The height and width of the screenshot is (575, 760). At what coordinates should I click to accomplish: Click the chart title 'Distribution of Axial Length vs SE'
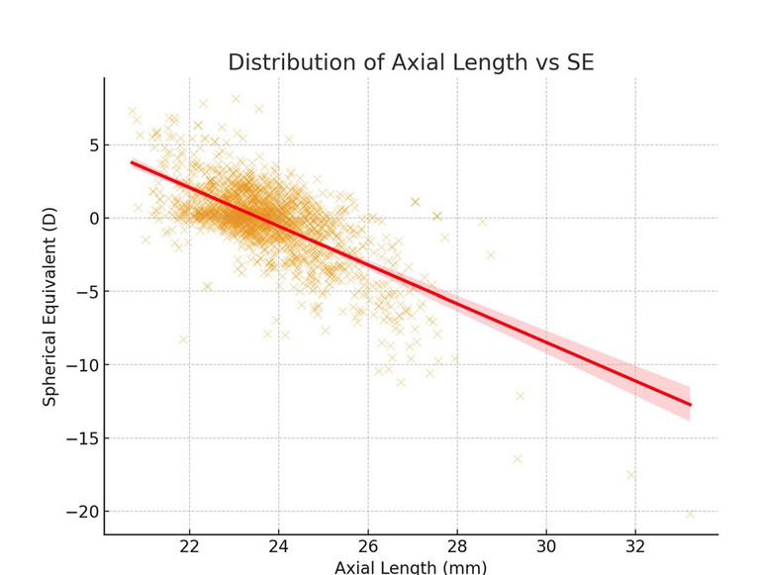pyautogui.click(x=411, y=62)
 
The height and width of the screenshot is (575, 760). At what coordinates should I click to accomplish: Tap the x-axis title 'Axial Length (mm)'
pyautogui.click(x=411, y=567)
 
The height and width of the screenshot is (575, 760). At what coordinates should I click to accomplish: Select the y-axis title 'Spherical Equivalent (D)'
pyautogui.click(x=49, y=306)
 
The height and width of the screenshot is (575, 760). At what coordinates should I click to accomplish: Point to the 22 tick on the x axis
pyautogui.click(x=189, y=547)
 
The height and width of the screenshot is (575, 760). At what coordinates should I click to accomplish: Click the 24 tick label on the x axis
pyautogui.click(x=278, y=547)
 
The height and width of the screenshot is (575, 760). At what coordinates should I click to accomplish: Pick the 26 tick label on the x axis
pyautogui.click(x=367, y=547)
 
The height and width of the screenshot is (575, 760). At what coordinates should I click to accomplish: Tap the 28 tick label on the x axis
pyautogui.click(x=456, y=547)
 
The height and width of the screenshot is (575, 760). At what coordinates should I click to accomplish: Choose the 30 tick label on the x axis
pyautogui.click(x=545, y=547)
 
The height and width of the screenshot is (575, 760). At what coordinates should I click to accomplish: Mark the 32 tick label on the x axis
pyautogui.click(x=634, y=547)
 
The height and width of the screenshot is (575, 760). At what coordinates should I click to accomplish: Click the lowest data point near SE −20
pyautogui.click(x=690, y=514)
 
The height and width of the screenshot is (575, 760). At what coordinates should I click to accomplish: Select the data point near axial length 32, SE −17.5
pyautogui.click(x=630, y=475)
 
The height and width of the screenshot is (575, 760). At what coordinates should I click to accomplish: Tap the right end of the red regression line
pyautogui.click(x=690, y=405)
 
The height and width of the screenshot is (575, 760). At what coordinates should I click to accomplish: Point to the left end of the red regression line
pyautogui.click(x=133, y=162)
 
